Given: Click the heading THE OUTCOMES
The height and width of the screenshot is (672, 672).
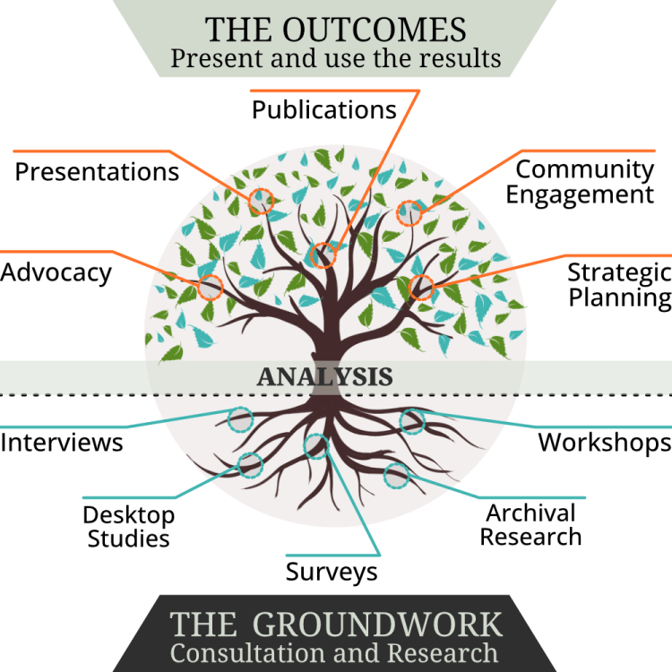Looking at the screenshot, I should [336, 29].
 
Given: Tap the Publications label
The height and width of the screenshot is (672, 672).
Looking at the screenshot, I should [323, 109].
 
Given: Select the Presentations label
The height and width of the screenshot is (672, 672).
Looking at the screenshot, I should [97, 171].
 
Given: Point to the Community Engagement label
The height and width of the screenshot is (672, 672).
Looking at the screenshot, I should [584, 181].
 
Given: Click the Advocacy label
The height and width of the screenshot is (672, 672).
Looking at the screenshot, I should [56, 271].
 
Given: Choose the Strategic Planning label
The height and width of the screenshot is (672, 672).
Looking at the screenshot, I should [619, 284].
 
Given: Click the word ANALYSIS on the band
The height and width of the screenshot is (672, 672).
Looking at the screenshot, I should [324, 376].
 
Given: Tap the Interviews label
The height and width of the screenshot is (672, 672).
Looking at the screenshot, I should [62, 442].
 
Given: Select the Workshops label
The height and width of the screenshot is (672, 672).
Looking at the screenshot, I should [604, 442].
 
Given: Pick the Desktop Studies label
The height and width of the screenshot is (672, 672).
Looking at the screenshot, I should [128, 526].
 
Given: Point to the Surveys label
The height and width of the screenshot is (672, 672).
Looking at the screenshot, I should [332, 571].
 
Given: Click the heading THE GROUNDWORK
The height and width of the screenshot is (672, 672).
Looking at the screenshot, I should [336, 624].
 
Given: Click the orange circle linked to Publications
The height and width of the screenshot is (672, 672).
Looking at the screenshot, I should [321, 255].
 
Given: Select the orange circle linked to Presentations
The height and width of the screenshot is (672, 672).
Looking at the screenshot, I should [260, 201].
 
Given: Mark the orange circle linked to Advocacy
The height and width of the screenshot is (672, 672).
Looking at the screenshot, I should [210, 287].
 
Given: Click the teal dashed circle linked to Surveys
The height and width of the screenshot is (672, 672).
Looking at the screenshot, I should [316, 445].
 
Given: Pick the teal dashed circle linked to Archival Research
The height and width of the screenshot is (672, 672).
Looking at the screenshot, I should [396, 476].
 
